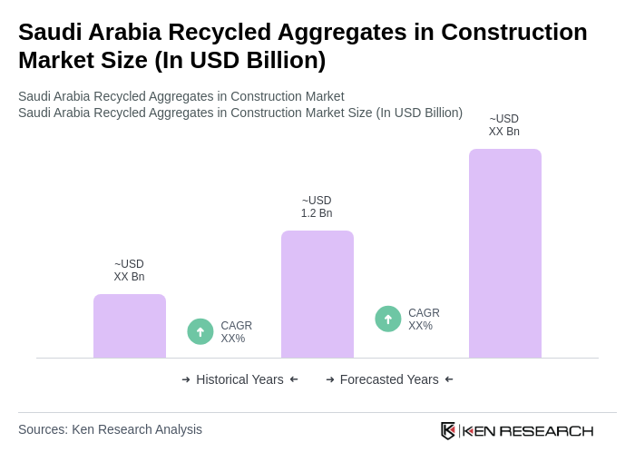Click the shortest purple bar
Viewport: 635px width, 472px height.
tap(130, 326)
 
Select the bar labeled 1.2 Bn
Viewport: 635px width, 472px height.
tap(317, 294)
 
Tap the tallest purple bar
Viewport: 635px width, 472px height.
tap(505, 253)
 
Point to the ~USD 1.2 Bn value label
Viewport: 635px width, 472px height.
tap(317, 207)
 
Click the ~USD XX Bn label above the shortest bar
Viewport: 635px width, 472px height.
tap(129, 270)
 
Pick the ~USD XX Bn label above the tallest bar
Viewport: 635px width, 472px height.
tap(504, 125)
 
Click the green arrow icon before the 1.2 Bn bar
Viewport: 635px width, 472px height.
tap(200, 331)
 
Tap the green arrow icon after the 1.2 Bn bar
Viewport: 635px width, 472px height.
tap(388, 319)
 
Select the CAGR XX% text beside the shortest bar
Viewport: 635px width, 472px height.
tap(237, 332)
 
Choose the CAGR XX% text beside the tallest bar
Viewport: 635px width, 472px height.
tap(424, 320)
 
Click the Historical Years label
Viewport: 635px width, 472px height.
tap(239, 379)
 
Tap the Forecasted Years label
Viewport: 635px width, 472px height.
tap(389, 379)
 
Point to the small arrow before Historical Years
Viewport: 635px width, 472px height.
tap(186, 379)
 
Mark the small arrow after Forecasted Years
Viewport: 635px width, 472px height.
tap(449, 379)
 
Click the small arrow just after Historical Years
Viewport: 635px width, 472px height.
tap(294, 379)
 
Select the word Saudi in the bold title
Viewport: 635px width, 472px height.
tap(49, 32)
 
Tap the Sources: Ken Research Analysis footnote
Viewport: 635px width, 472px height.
tap(110, 429)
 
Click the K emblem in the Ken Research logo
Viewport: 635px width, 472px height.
tap(448, 430)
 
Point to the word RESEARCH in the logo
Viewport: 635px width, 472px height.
tap(546, 430)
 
